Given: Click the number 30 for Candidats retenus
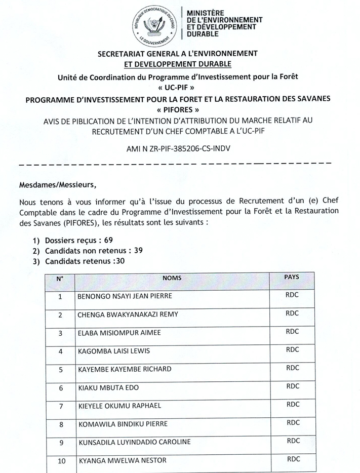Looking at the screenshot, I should [x=118, y=261].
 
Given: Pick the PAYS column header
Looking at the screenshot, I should [x=292, y=277].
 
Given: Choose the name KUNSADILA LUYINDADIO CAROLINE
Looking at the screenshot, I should [x=134, y=442].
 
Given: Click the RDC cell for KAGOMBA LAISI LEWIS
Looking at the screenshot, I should [x=293, y=349].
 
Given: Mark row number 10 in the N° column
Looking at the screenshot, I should [x=62, y=461].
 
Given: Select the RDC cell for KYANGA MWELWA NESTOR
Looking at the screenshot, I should [x=294, y=459].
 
